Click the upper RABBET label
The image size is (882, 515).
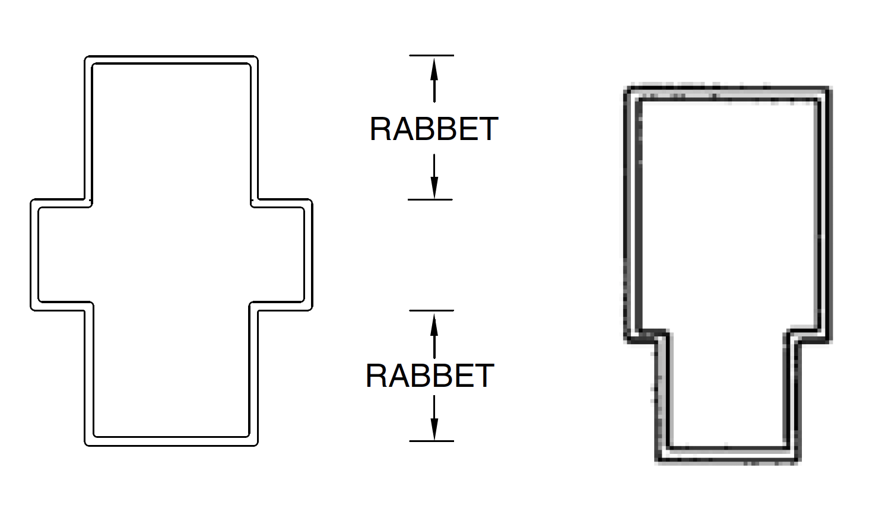tap(433, 129)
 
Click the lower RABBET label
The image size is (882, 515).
tap(430, 376)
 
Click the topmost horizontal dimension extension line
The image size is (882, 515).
tap(432, 55)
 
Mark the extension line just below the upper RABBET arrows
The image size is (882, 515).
tap(430, 199)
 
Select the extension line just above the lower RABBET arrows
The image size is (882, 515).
tap(432, 310)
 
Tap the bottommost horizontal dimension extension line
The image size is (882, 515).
tap(432, 441)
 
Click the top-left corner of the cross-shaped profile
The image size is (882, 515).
tap(87, 58)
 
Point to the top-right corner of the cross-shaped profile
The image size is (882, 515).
tap(256, 58)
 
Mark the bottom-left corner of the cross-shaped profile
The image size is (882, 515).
tap(87, 444)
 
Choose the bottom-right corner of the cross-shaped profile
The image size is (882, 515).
tap(256, 444)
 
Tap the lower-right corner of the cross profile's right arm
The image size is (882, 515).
tap(310, 308)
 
